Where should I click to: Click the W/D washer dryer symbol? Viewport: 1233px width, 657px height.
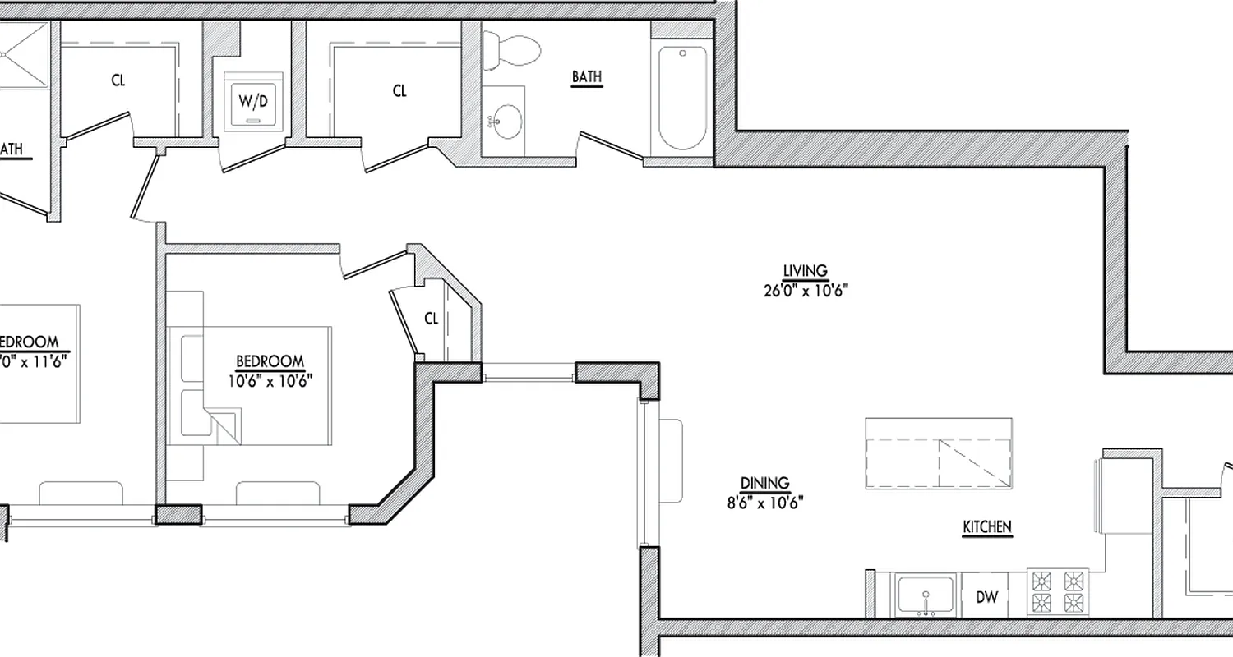point(252,102)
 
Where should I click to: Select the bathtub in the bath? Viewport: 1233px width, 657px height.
point(681,97)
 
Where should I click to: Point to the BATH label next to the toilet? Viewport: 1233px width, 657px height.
point(587,76)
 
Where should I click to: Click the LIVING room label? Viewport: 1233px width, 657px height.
point(805,271)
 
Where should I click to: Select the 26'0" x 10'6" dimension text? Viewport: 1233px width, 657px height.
point(805,289)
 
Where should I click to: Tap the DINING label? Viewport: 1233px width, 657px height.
point(764,483)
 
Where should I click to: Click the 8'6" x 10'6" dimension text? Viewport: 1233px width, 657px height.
point(764,502)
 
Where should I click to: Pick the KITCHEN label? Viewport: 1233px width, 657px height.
point(987,527)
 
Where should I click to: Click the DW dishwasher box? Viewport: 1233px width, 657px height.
point(986,597)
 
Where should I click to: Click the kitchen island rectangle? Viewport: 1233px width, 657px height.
point(938,454)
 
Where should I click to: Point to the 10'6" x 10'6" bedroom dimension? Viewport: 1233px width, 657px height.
point(270,379)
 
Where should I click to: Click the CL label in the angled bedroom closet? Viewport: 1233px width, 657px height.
point(432,319)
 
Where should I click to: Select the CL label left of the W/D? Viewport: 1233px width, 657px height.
point(118,80)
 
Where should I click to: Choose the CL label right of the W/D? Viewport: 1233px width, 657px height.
point(399,91)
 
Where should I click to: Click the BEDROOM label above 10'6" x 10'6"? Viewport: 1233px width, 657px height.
point(270,361)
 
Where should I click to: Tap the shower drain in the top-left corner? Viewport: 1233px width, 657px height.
point(7,54)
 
